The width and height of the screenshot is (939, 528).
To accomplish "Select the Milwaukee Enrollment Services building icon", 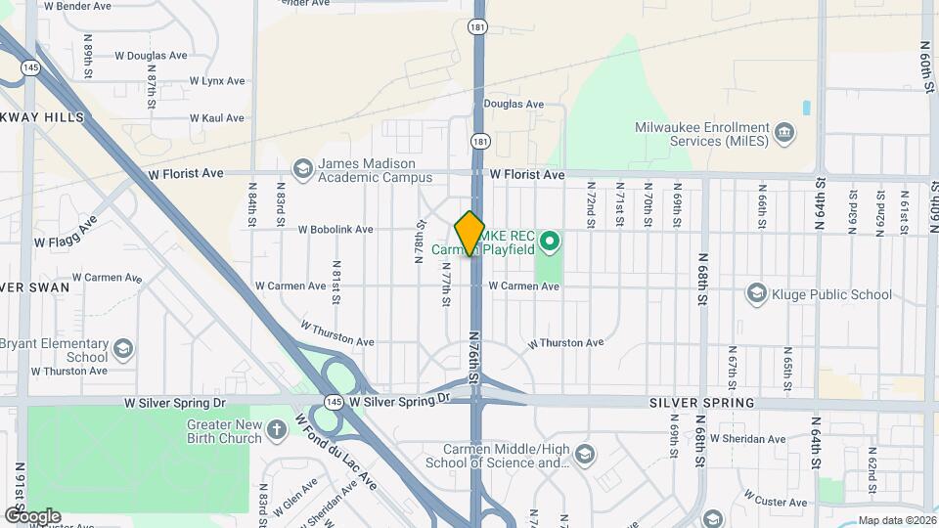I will [x=783, y=132].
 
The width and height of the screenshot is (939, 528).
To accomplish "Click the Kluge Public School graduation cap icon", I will [x=755, y=293].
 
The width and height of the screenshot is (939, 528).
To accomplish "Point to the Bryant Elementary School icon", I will [x=122, y=349].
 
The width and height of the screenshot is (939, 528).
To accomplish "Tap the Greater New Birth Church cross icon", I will [x=277, y=430].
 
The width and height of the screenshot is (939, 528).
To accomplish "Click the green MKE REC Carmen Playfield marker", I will [x=550, y=240].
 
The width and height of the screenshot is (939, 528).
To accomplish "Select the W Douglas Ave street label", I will [x=151, y=56].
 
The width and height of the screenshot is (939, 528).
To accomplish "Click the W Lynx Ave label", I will [x=216, y=80].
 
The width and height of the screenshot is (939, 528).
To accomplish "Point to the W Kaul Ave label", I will [x=217, y=117].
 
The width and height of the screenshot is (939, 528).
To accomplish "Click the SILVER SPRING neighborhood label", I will [x=702, y=403].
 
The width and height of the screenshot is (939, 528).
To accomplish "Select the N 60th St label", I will [x=927, y=66].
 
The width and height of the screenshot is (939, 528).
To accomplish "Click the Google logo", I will [x=32, y=515].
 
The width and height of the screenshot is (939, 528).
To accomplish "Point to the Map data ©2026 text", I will [x=896, y=520].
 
